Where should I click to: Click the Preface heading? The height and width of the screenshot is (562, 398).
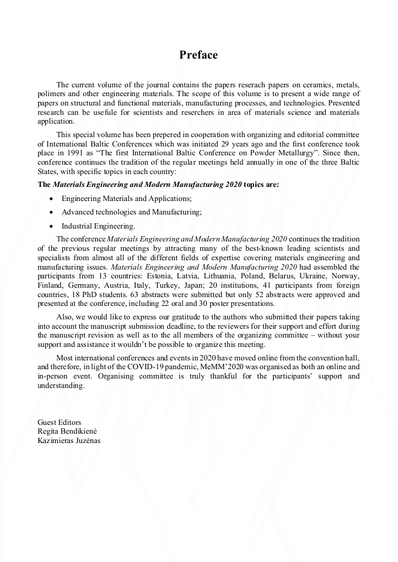click(x=198, y=55)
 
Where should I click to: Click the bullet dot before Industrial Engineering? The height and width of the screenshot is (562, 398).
click(x=52, y=226)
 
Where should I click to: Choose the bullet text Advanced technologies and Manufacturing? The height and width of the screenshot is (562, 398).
click(x=131, y=212)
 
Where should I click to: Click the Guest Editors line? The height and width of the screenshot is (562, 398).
click(x=59, y=422)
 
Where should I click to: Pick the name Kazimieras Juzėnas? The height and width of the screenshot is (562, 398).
click(x=69, y=441)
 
